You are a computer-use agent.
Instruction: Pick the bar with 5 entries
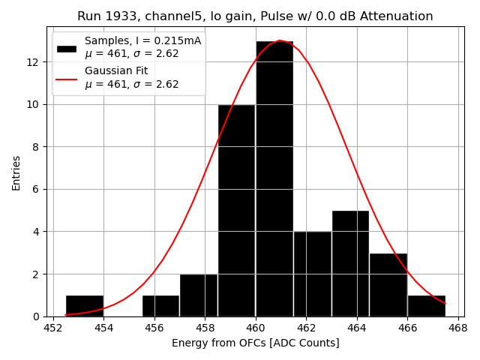[x=350, y=263]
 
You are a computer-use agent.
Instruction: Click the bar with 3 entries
[x=388, y=285]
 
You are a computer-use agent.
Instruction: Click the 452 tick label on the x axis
[x=53, y=328]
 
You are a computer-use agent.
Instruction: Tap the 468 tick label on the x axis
[x=458, y=328]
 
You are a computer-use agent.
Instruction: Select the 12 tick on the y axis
[x=36, y=61]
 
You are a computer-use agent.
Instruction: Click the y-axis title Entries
[x=16, y=173]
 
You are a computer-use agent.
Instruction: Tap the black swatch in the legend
[x=67, y=48]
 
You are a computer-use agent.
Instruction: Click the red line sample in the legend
[x=67, y=78]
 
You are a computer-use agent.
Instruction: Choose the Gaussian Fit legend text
[x=116, y=70]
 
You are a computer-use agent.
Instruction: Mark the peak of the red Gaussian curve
[x=279, y=40]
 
